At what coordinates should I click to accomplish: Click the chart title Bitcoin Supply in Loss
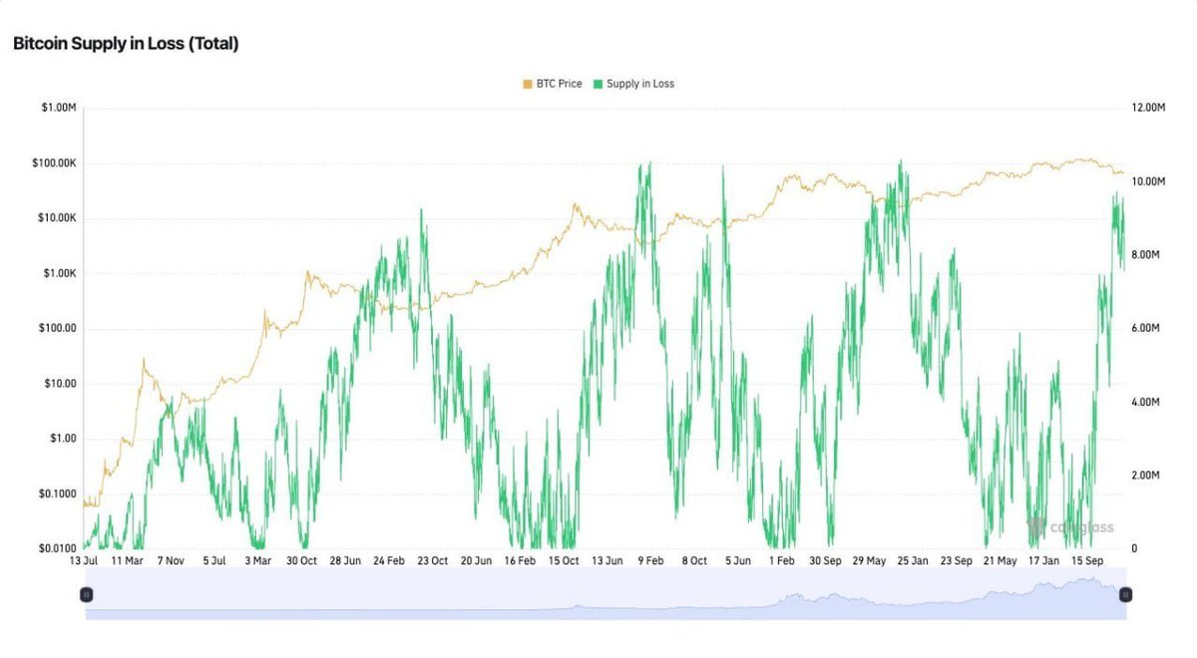pyautogui.click(x=126, y=44)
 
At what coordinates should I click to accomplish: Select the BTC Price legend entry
pyautogui.click(x=552, y=84)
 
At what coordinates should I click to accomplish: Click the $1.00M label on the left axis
pyautogui.click(x=56, y=108)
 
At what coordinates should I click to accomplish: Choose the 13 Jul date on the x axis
pyautogui.click(x=83, y=561)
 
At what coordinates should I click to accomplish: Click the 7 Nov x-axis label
pyautogui.click(x=171, y=561)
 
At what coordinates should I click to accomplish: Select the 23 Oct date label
pyautogui.click(x=432, y=561)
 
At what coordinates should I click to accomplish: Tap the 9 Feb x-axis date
pyautogui.click(x=651, y=561)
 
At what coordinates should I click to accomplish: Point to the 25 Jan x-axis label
pyautogui.click(x=913, y=561)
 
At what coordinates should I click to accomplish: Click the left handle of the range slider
pyautogui.click(x=86, y=594)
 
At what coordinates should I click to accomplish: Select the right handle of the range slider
pyautogui.click(x=1125, y=594)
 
